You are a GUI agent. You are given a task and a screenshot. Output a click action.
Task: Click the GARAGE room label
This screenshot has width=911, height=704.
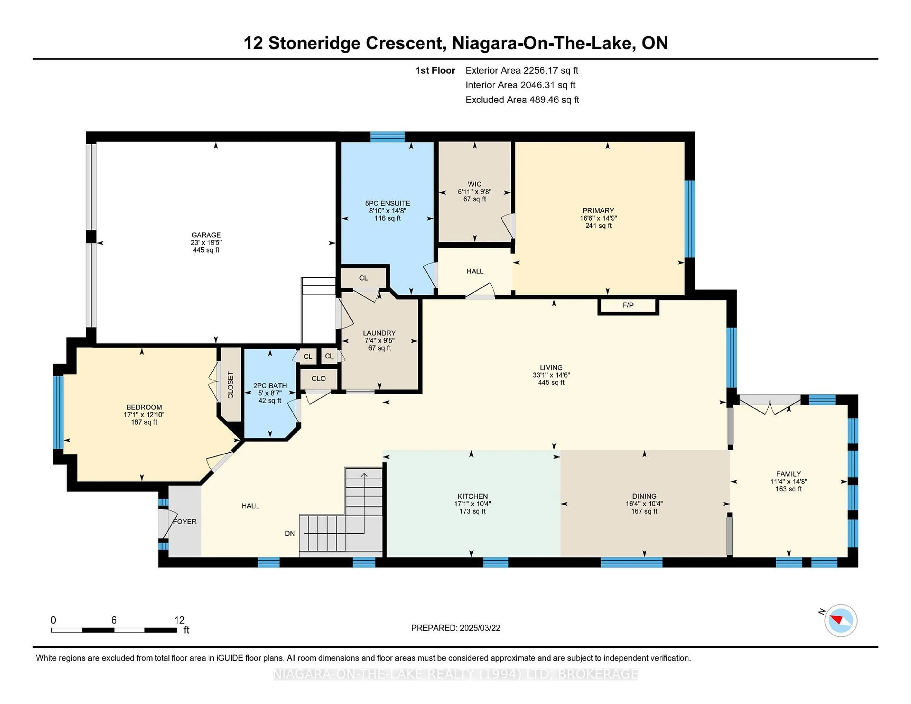[x=206, y=235]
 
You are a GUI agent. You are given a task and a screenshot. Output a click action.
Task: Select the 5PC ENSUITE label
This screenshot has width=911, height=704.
[x=387, y=203]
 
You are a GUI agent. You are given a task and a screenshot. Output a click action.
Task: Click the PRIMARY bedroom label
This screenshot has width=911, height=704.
[x=598, y=211]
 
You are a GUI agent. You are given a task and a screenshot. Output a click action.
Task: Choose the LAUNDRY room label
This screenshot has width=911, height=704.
[x=379, y=333]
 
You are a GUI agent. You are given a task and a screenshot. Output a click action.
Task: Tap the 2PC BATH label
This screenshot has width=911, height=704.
[x=270, y=386]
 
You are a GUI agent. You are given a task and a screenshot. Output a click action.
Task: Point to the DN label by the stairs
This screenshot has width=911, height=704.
[x=290, y=533]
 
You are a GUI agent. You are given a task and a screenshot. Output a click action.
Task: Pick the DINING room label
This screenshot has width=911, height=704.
[x=644, y=496]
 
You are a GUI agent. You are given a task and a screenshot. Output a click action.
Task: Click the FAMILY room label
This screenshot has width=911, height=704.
[x=788, y=474]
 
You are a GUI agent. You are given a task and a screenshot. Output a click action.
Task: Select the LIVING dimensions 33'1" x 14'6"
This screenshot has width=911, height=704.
[x=551, y=375]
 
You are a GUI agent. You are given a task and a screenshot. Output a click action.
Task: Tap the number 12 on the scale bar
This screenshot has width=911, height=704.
[x=179, y=620]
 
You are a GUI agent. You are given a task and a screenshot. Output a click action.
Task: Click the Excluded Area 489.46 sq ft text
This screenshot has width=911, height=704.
[x=522, y=100]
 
